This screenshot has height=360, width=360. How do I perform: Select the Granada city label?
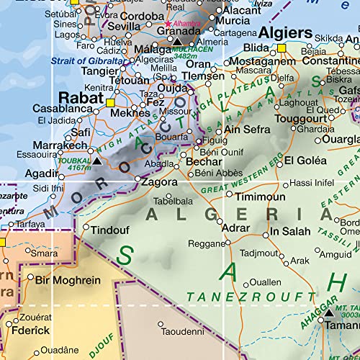(177, 32)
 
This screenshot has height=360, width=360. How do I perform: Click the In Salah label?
(290, 232)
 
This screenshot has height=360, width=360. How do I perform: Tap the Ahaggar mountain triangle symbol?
(329, 314)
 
